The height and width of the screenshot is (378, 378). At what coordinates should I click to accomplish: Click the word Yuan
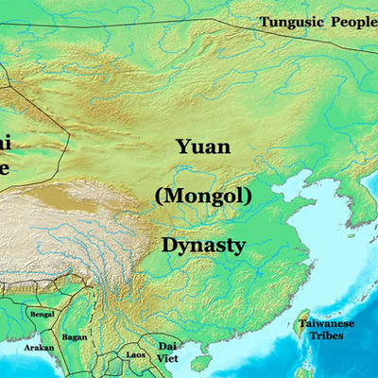(203, 147)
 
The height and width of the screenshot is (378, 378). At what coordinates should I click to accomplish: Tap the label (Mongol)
(204, 197)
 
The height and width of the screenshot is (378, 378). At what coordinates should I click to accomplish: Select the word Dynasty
(203, 246)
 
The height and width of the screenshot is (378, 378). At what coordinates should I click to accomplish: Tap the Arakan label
(38, 347)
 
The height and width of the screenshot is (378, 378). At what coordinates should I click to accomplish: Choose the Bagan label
(74, 335)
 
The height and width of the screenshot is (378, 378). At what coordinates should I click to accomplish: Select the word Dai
(167, 346)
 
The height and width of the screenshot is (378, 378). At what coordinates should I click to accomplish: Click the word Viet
(167, 358)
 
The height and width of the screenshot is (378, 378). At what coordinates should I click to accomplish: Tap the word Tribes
(327, 336)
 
